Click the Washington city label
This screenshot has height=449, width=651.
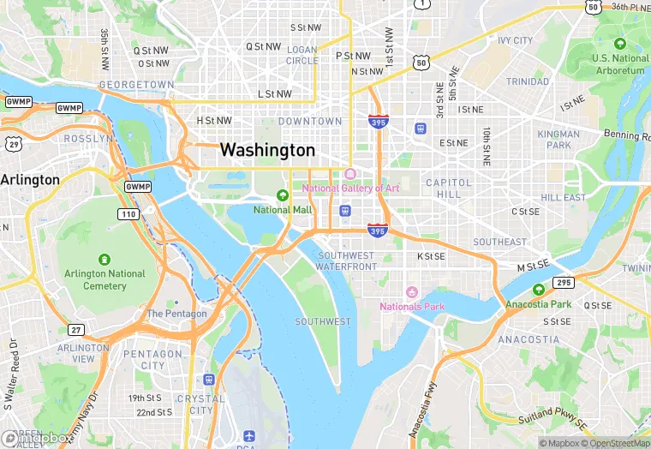[267, 150]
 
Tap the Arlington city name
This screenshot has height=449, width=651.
[30, 180]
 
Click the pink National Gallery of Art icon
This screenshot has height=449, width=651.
[349, 175]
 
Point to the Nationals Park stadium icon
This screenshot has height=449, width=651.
[411, 293]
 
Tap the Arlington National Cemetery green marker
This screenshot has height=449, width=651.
[105, 259]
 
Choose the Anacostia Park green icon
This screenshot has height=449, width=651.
[538, 290]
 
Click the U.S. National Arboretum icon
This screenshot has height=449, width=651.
[620, 44]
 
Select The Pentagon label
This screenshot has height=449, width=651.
[176, 314]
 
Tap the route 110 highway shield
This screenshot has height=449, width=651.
[128, 213]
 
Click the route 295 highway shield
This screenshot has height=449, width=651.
[563, 282]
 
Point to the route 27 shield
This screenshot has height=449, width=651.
[77, 330]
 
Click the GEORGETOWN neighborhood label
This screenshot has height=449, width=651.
[137, 85]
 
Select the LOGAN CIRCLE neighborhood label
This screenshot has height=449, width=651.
[302, 55]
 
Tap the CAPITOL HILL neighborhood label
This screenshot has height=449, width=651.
[448, 189]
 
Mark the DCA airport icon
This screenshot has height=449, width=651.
[248, 437]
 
